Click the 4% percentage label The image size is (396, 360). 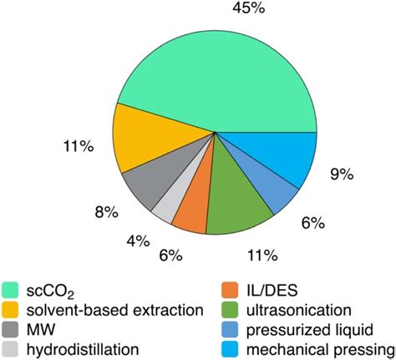tap(137, 241)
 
